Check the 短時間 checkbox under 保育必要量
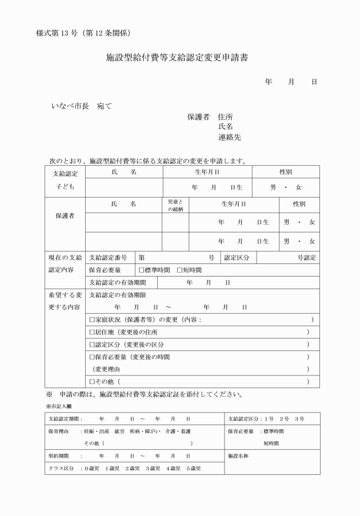tap(179, 270)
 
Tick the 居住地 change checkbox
tap(92, 332)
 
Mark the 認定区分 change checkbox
tap(92, 345)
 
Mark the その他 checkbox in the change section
tap(92, 381)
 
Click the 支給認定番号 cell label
tap(108, 258)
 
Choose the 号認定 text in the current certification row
tap(306, 258)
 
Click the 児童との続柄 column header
tap(175, 206)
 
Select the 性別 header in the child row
tap(286, 172)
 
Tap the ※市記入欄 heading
tap(58, 406)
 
